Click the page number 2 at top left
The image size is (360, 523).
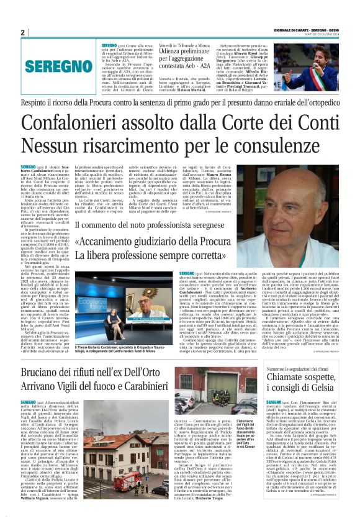coord(22,32)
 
